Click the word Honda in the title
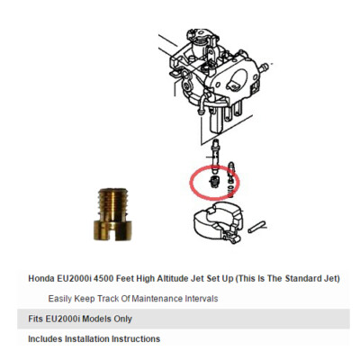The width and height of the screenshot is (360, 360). pyautogui.click(x=43, y=278)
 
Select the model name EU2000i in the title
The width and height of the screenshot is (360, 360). pyautogui.click(x=82, y=278)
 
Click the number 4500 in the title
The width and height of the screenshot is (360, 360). pyautogui.click(x=118, y=278)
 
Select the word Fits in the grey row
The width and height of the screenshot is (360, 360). pyautogui.click(x=37, y=319)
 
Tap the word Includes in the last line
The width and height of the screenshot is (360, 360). pyautogui.click(x=47, y=339)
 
